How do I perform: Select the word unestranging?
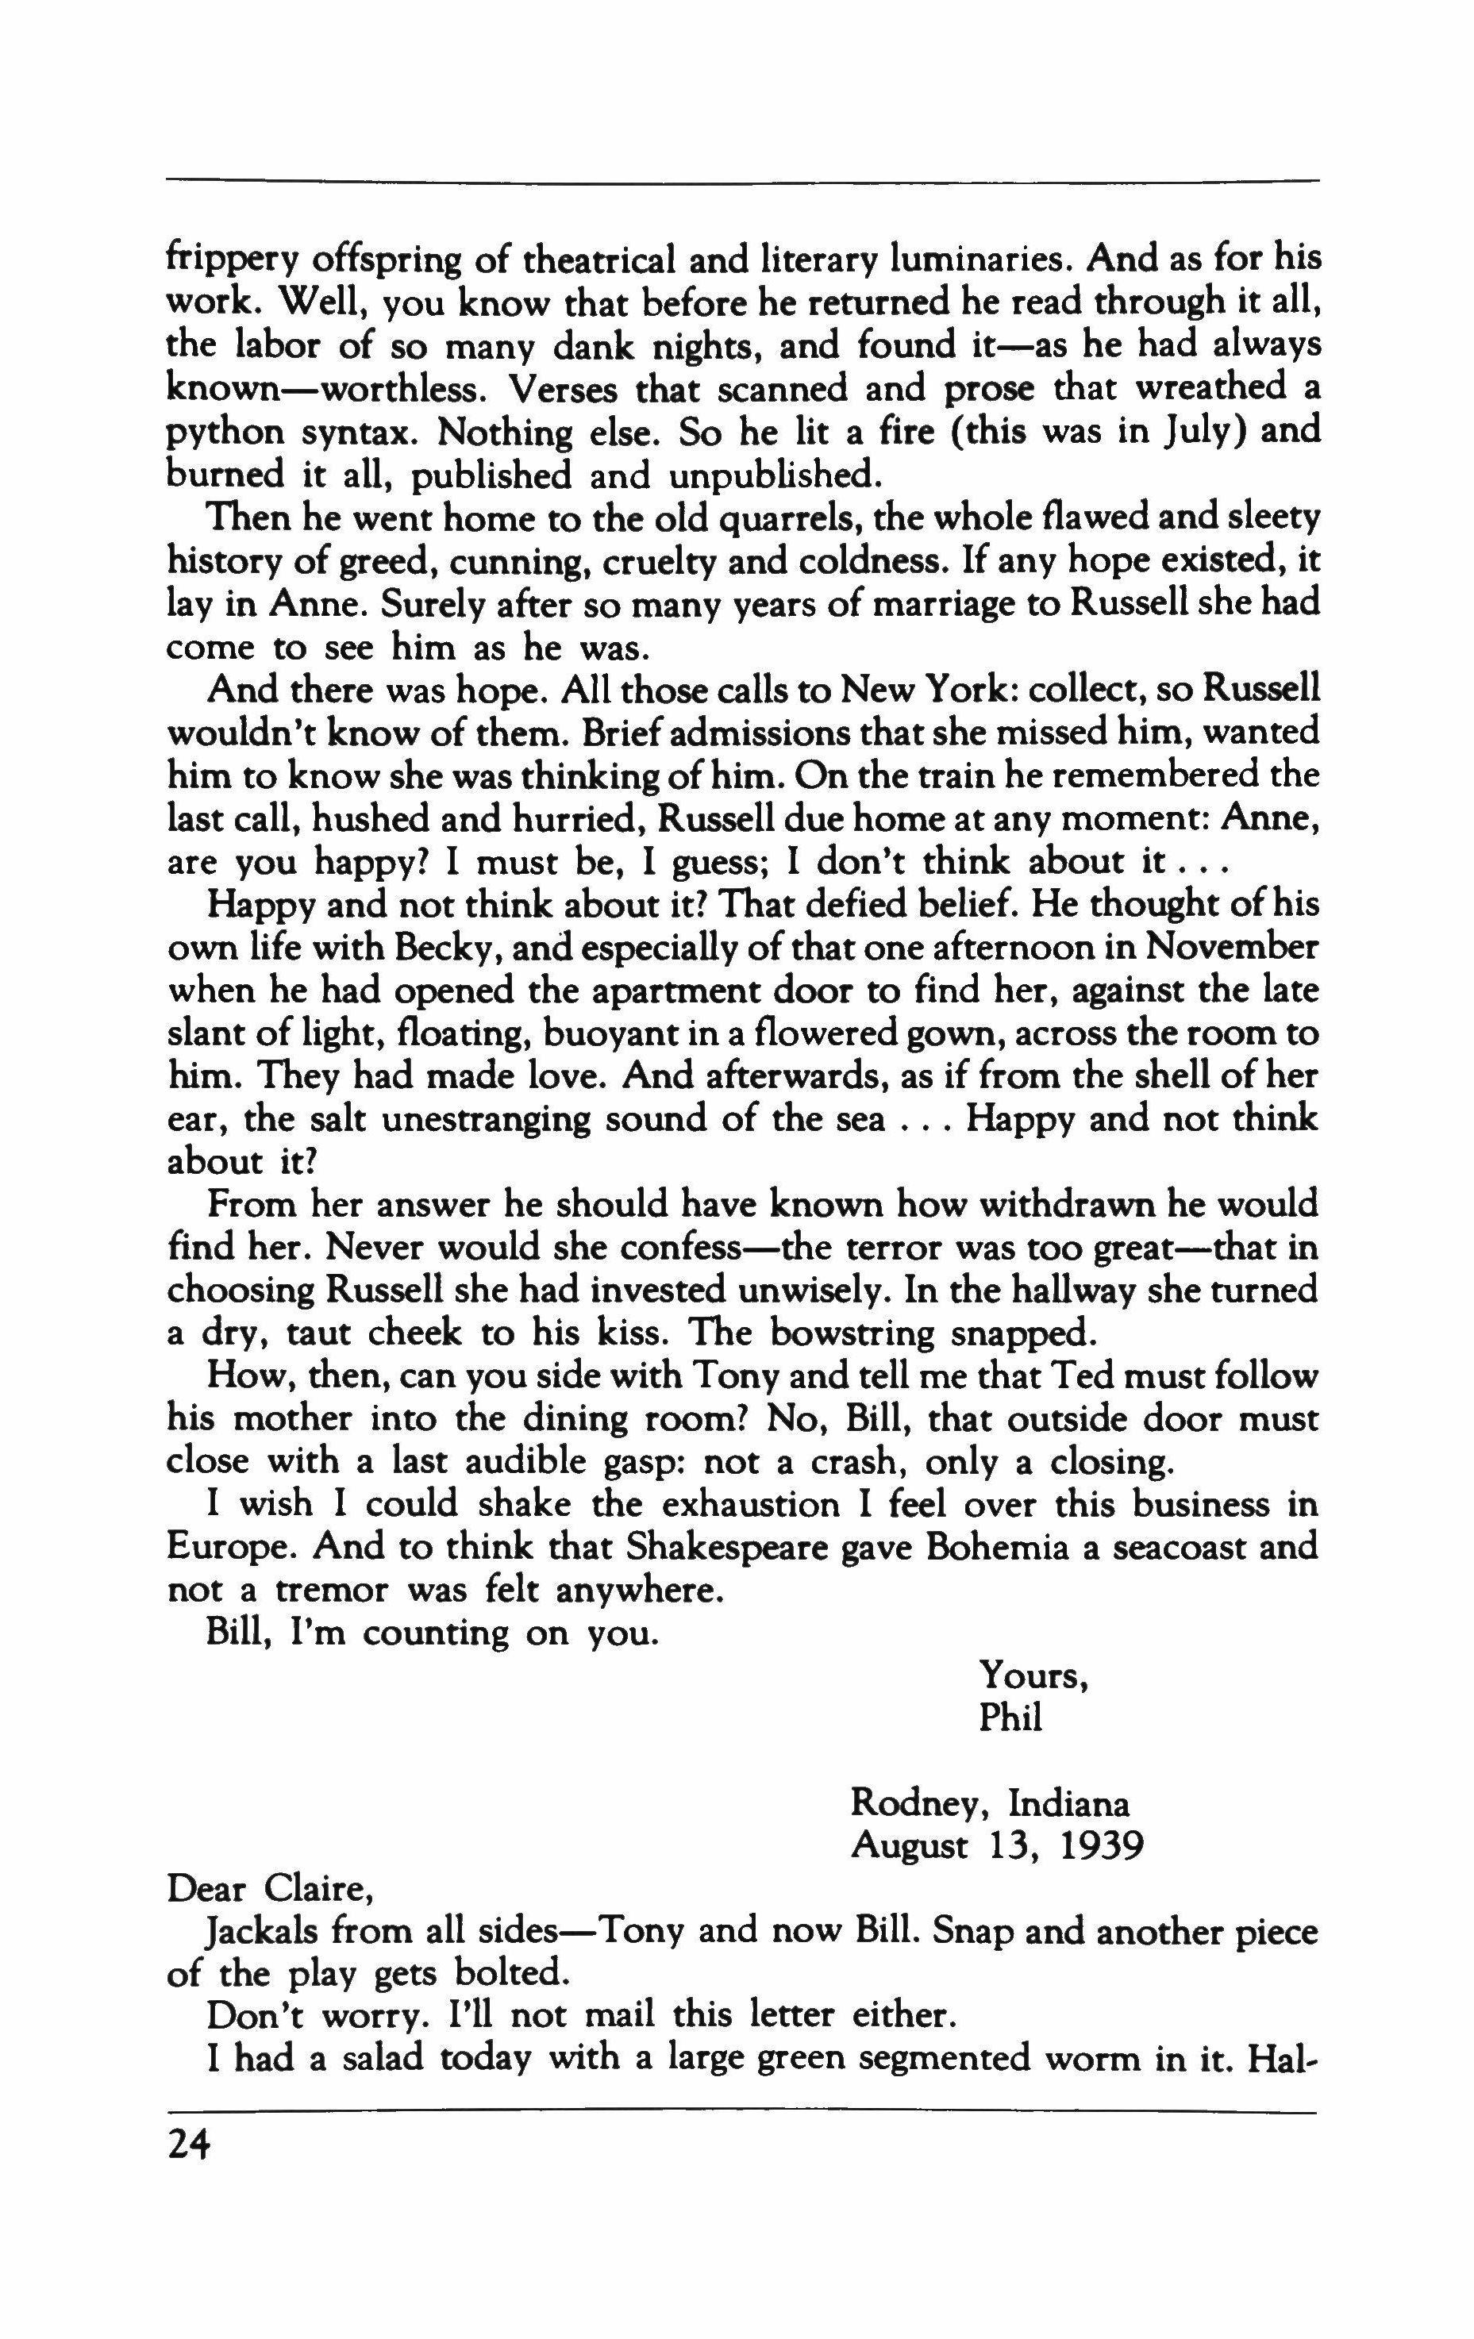pyautogui.click(x=485, y=1119)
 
